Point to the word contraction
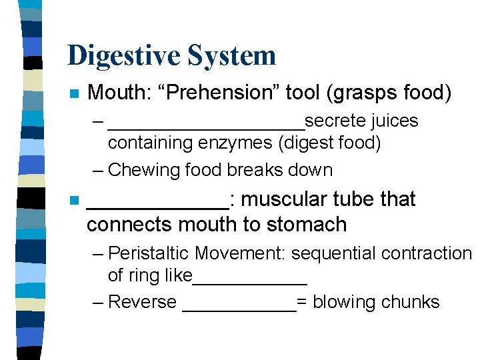(423, 254)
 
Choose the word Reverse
(142, 302)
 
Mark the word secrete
(329, 121)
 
